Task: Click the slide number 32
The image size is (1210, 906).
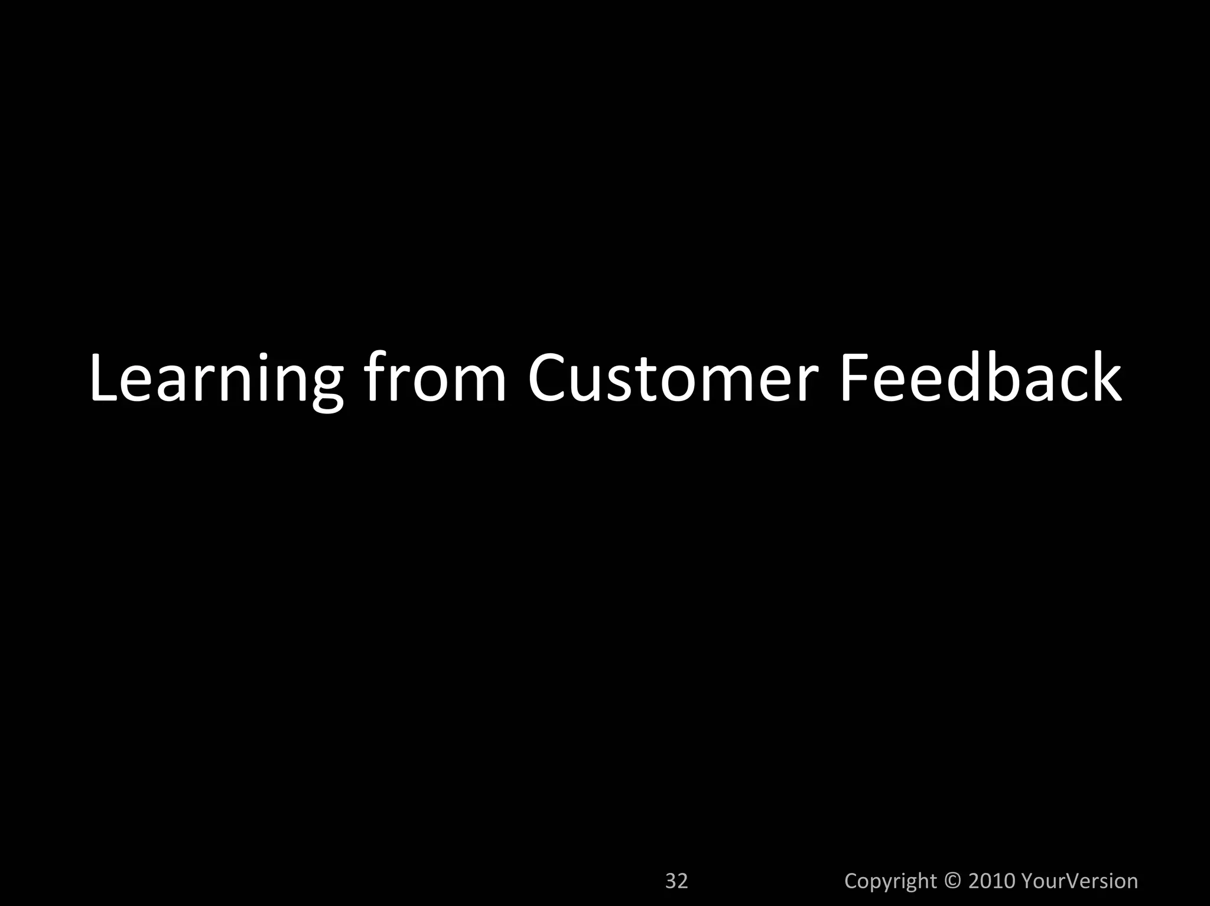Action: (x=676, y=881)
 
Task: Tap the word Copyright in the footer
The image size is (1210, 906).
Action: (x=890, y=881)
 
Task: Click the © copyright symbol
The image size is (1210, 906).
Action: (x=952, y=881)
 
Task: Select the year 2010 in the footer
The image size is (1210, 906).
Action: (x=991, y=881)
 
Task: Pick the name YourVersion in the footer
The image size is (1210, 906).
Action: (x=1079, y=881)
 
